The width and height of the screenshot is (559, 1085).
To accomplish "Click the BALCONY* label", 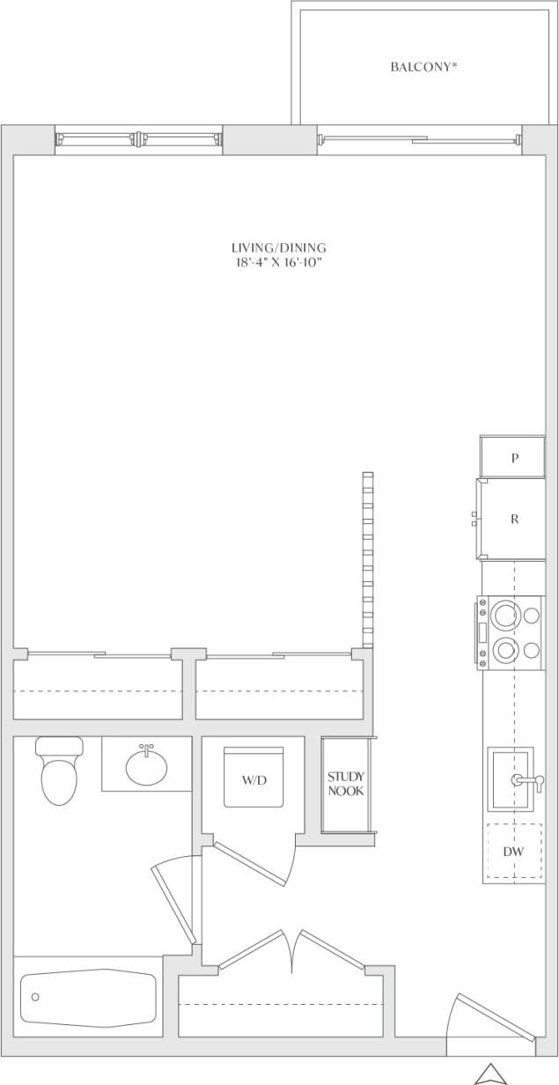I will click(x=423, y=66).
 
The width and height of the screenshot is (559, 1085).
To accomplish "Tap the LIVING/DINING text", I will click(x=278, y=248).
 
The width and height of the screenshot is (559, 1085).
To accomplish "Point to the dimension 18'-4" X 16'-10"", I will click(x=278, y=262).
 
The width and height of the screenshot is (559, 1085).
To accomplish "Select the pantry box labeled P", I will click(x=513, y=457).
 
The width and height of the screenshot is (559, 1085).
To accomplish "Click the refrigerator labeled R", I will click(x=513, y=519).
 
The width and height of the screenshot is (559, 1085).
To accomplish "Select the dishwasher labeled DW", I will click(x=513, y=852).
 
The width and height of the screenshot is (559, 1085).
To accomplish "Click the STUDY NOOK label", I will click(x=345, y=784).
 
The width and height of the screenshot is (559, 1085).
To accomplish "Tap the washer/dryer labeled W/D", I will click(x=254, y=779).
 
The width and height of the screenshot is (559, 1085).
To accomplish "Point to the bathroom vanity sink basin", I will click(x=146, y=766).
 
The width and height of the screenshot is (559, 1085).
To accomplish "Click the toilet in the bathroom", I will click(x=59, y=773).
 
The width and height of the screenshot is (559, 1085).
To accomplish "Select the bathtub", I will click(x=88, y=998).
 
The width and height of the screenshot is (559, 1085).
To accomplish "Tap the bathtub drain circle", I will click(x=35, y=997).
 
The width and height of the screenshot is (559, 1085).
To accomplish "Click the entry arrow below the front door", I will click(x=489, y=1074).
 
